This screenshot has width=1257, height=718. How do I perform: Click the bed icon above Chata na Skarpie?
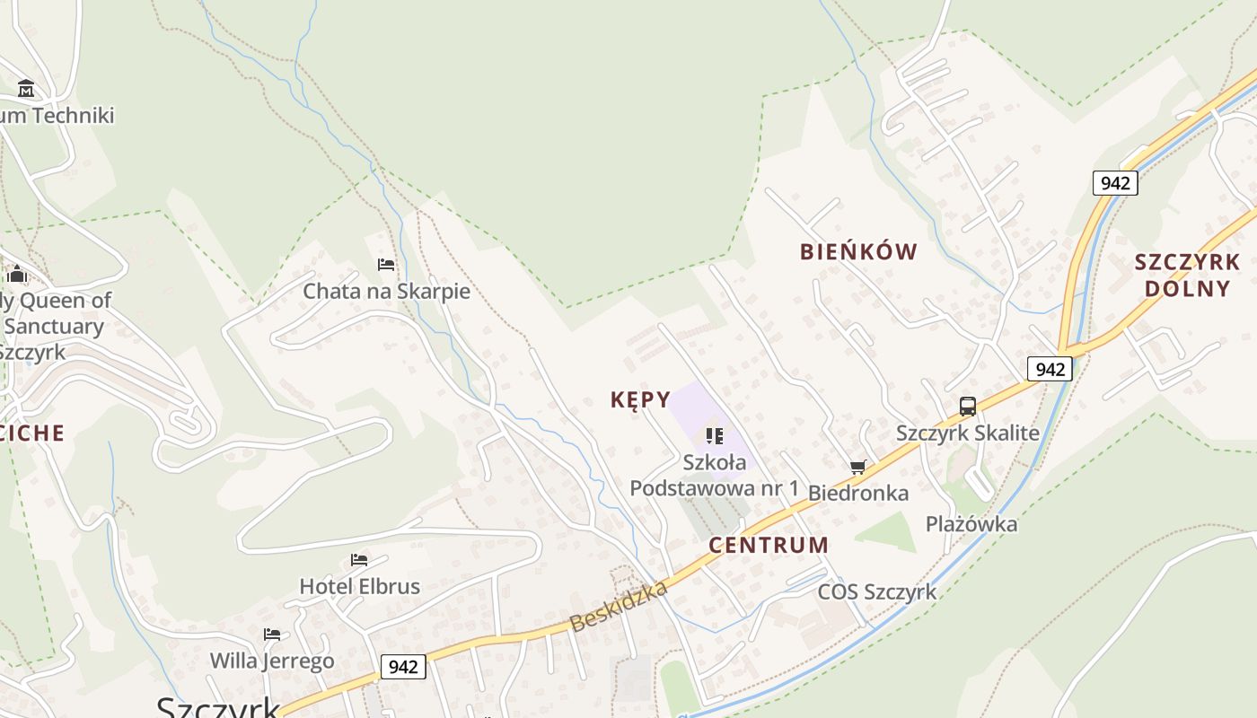click(386, 264)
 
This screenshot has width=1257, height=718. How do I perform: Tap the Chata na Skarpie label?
click(386, 291)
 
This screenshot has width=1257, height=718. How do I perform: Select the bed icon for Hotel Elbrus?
click(359, 559)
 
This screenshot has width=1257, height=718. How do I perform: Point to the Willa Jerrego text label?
click(272, 661)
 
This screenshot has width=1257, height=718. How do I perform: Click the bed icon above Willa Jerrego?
click(272, 634)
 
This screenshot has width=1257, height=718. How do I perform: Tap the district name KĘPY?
click(640, 399)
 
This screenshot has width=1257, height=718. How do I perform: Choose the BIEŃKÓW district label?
click(858, 251)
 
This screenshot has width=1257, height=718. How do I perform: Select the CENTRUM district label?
click(769, 545)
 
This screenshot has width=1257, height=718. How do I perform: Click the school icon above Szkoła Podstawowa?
click(715, 436)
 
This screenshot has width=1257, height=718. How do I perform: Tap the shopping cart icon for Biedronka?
click(858, 467)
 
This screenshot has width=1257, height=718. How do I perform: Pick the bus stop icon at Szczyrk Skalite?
click(967, 406)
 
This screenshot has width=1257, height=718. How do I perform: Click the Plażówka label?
click(971, 523)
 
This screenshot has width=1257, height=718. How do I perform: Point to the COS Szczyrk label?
click(876, 591)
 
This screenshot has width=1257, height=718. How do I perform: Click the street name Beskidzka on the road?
click(620, 606)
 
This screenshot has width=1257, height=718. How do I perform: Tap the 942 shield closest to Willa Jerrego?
click(403, 667)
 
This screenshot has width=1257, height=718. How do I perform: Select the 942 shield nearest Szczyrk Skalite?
click(1050, 369)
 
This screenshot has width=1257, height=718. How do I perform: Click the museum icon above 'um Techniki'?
click(26, 89)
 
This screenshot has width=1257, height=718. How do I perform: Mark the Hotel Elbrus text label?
click(359, 586)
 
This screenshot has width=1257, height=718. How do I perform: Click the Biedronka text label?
click(858, 493)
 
